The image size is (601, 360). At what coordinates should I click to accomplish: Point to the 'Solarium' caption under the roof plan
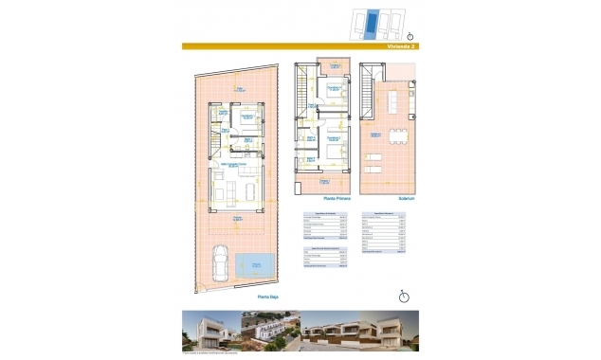pos(395,198)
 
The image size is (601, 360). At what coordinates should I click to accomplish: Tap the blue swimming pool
pos(256,264)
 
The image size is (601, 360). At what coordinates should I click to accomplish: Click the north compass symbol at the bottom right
pos(403,297)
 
